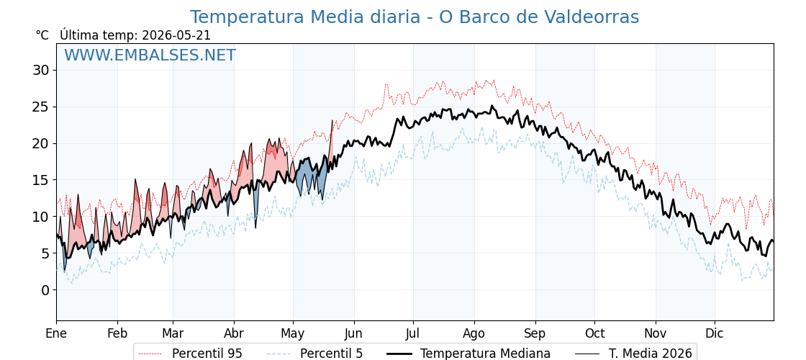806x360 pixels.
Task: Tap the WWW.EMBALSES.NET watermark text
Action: pyautogui.click(x=150, y=55)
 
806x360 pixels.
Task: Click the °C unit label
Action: pyautogui.click(x=42, y=35)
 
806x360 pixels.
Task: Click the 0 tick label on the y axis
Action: pyautogui.click(x=46, y=290)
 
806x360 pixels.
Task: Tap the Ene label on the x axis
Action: pyautogui.click(x=56, y=333)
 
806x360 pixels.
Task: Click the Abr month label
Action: pyautogui.click(x=234, y=333)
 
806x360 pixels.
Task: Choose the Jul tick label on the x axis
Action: pyautogui.click(x=413, y=333)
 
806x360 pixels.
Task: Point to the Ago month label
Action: pyautogui.click(x=474, y=333)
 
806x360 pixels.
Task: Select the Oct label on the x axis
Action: pyautogui.click(x=594, y=333)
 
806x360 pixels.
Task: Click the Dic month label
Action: pyautogui.click(x=715, y=333)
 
